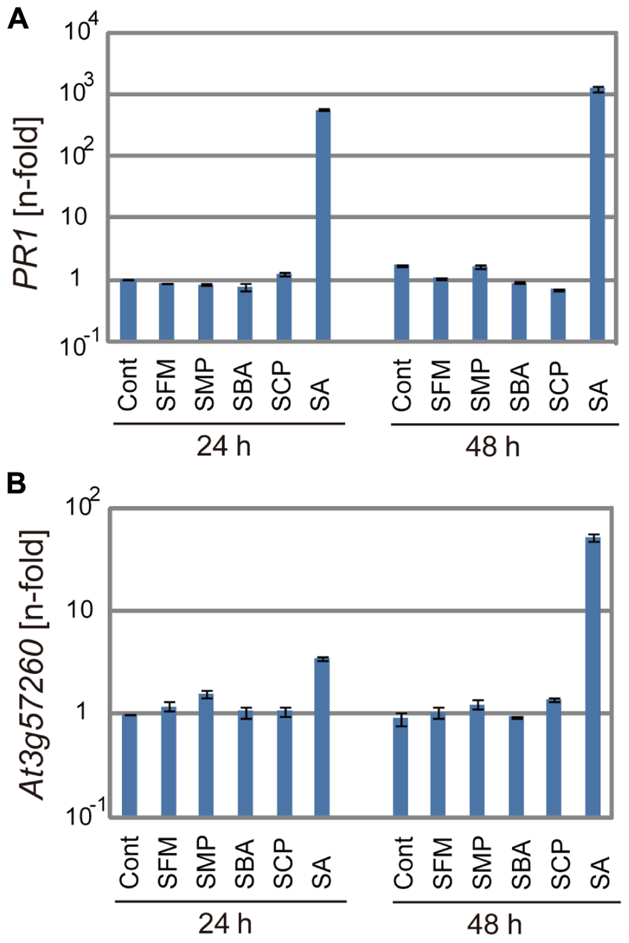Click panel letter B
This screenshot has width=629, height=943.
click(17, 484)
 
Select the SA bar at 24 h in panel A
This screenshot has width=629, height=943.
click(323, 225)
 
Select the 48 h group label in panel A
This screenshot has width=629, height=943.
click(492, 447)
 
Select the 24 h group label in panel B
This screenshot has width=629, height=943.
click(225, 925)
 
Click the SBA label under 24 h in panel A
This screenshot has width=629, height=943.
click(243, 386)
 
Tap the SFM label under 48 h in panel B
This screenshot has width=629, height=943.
click(442, 863)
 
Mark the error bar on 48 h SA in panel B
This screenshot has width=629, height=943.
click(593, 538)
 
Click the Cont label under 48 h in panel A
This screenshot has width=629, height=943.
click(401, 385)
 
